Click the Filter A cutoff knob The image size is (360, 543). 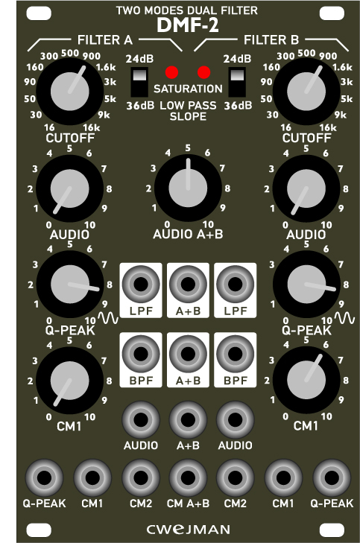[69, 92]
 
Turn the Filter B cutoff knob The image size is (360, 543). [306, 92]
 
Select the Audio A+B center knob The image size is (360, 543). [188, 188]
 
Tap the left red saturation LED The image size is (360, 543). [172, 72]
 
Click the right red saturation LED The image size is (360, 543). [203, 72]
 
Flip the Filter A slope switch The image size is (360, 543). [139, 82]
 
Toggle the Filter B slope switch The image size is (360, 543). [237, 82]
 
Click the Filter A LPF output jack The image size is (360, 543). [141, 285]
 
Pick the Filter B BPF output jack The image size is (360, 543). [236, 354]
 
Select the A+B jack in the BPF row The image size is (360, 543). [188, 354]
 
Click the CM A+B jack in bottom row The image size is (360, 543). [188, 478]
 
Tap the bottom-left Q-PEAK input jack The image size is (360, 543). [44, 478]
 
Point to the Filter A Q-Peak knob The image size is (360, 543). [69, 285]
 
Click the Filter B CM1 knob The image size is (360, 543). [306, 380]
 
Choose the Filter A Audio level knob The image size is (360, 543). [69, 188]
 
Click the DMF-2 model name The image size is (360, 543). [188, 25]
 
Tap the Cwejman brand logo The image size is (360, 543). [188, 530]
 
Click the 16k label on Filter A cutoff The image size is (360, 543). [92, 128]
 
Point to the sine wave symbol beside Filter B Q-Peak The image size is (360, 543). [344, 318]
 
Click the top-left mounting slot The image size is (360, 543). [39, 13]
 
